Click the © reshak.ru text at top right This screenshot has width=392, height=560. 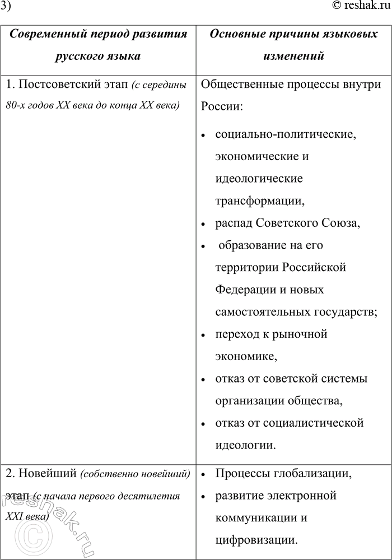coord(360,7)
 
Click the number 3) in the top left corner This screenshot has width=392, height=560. coord(5,7)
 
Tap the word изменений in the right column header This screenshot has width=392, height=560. coord(294,57)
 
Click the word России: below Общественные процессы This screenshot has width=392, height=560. coord(221,107)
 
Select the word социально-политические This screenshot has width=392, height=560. coord(284,135)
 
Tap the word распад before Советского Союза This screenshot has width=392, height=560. coord(234,223)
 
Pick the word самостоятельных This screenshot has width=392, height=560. coord(260,312)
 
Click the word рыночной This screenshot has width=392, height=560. coord(299,334)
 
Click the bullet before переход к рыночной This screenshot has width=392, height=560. coord(203,335)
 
